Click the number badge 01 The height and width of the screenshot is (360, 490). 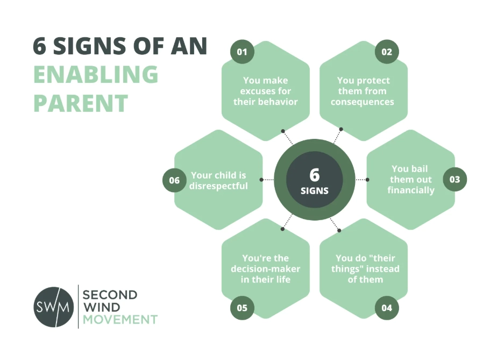(242, 52)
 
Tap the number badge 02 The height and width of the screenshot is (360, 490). (387, 52)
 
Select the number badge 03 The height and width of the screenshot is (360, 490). (455, 180)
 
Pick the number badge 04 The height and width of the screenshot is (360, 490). (387, 308)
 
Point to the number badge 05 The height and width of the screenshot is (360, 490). (242, 308)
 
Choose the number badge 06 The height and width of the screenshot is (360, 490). (174, 180)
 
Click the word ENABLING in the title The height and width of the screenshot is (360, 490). (96, 75)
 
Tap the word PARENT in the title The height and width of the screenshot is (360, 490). (81, 103)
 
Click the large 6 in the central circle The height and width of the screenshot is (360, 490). (314, 175)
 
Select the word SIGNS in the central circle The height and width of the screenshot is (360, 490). (314, 190)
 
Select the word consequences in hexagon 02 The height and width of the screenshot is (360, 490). (363, 102)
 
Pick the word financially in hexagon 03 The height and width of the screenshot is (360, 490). (411, 190)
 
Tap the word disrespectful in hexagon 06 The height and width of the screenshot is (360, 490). (218, 186)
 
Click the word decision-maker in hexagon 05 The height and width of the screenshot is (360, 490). (266, 269)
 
